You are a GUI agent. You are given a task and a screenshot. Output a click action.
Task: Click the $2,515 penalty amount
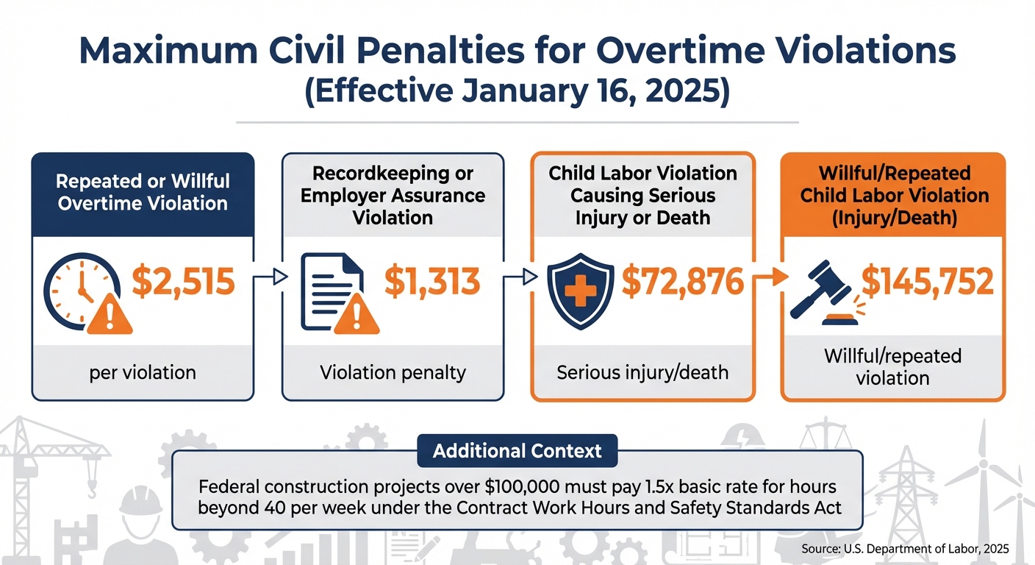tap(183, 282)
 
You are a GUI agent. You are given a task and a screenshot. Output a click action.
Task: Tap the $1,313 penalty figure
tap(432, 282)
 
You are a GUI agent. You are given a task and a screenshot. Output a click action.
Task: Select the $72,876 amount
tap(683, 282)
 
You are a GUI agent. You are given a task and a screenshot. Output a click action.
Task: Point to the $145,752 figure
tap(928, 282)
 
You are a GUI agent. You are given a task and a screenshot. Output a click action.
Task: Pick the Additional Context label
tap(517, 450)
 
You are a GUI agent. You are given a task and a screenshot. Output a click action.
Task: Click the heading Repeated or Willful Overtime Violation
tap(143, 192)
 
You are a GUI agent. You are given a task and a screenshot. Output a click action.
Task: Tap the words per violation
tap(143, 372)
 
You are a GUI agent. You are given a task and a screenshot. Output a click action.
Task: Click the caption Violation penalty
tap(393, 372)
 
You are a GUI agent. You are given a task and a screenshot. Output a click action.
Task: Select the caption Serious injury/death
tap(642, 372)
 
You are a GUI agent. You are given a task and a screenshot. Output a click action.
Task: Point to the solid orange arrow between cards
tap(767, 278)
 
